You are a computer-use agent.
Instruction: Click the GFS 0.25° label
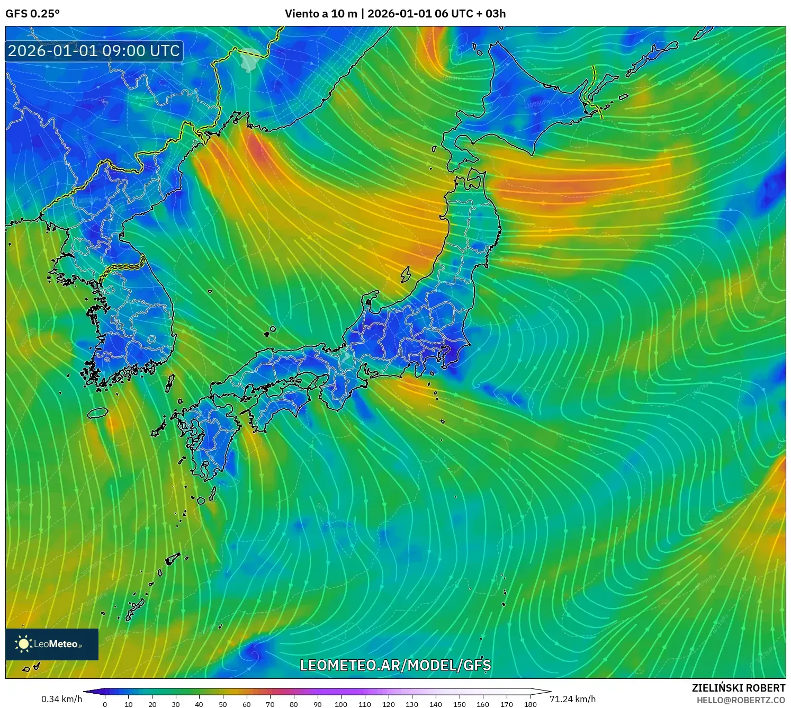coord(32,14)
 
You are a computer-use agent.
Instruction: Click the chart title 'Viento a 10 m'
coord(321,14)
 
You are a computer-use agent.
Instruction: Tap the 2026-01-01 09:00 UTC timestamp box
coord(94,51)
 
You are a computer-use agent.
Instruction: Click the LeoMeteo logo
coord(52,644)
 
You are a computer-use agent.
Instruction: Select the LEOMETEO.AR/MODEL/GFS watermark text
coord(395,665)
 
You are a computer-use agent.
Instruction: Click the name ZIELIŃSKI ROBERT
coord(738,688)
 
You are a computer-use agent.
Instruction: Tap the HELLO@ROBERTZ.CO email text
coord(740,700)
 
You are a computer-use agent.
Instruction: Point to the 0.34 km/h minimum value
coord(61,699)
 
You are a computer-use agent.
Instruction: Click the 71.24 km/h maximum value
coord(572,699)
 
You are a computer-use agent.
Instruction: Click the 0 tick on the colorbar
coord(105,704)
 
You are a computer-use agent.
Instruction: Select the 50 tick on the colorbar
coord(222,704)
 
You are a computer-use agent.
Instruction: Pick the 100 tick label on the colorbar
coord(340,704)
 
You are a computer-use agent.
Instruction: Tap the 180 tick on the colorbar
coord(530,704)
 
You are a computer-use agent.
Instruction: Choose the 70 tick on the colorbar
coord(269,704)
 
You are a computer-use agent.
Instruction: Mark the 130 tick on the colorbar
coord(411,704)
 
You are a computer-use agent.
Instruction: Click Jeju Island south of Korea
coord(98,413)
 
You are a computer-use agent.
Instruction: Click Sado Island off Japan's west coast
coord(406,274)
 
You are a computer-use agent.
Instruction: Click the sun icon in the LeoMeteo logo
coord(23,644)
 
